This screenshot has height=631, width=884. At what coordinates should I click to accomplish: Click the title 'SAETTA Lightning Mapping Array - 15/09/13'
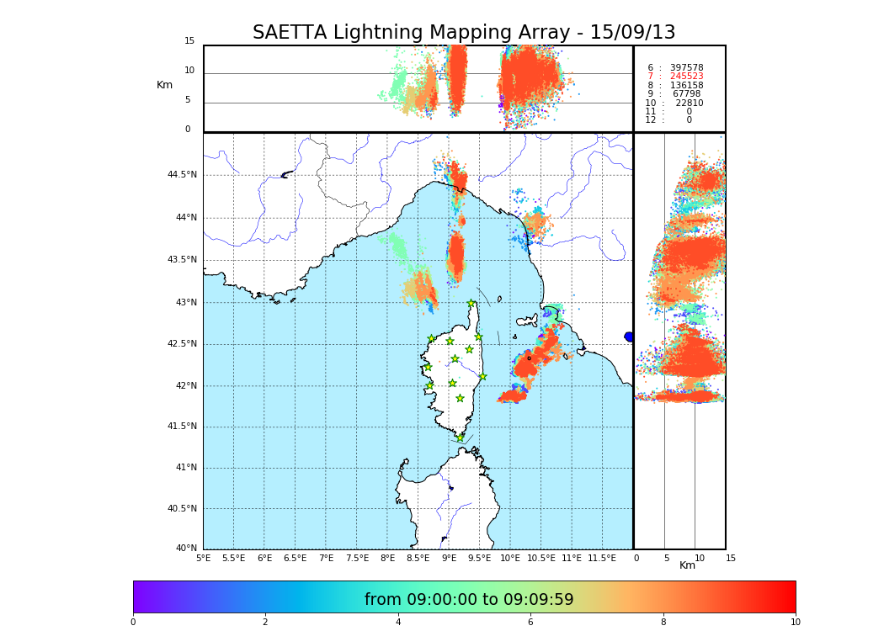click(464, 33)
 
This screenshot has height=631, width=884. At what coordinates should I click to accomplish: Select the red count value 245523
click(686, 77)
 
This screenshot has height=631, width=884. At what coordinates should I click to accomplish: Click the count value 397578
click(686, 68)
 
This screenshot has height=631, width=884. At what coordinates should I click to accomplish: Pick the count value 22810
click(689, 103)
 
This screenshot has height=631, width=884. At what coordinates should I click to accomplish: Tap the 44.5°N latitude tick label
click(182, 175)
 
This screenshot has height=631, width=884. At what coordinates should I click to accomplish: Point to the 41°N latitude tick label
click(185, 468)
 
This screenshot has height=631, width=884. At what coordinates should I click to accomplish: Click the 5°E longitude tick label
click(204, 558)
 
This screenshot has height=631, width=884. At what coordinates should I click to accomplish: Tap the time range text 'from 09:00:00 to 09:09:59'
click(469, 600)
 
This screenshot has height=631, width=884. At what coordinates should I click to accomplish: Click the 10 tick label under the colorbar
click(795, 623)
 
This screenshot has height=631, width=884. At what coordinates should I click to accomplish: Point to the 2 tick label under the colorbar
click(265, 623)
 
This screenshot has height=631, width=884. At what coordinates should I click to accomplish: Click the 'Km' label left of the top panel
click(164, 85)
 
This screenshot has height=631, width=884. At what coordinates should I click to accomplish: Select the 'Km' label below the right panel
click(688, 565)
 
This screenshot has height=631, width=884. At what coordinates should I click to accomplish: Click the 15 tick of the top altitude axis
click(189, 41)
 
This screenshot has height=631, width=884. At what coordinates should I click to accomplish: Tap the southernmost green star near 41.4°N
click(460, 437)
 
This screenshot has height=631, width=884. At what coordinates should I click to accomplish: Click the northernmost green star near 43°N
click(471, 304)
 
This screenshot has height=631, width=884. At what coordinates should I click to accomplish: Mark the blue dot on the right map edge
click(629, 337)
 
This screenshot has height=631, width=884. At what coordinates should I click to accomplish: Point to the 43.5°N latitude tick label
click(182, 260)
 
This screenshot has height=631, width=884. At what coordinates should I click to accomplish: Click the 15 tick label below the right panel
click(731, 558)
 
